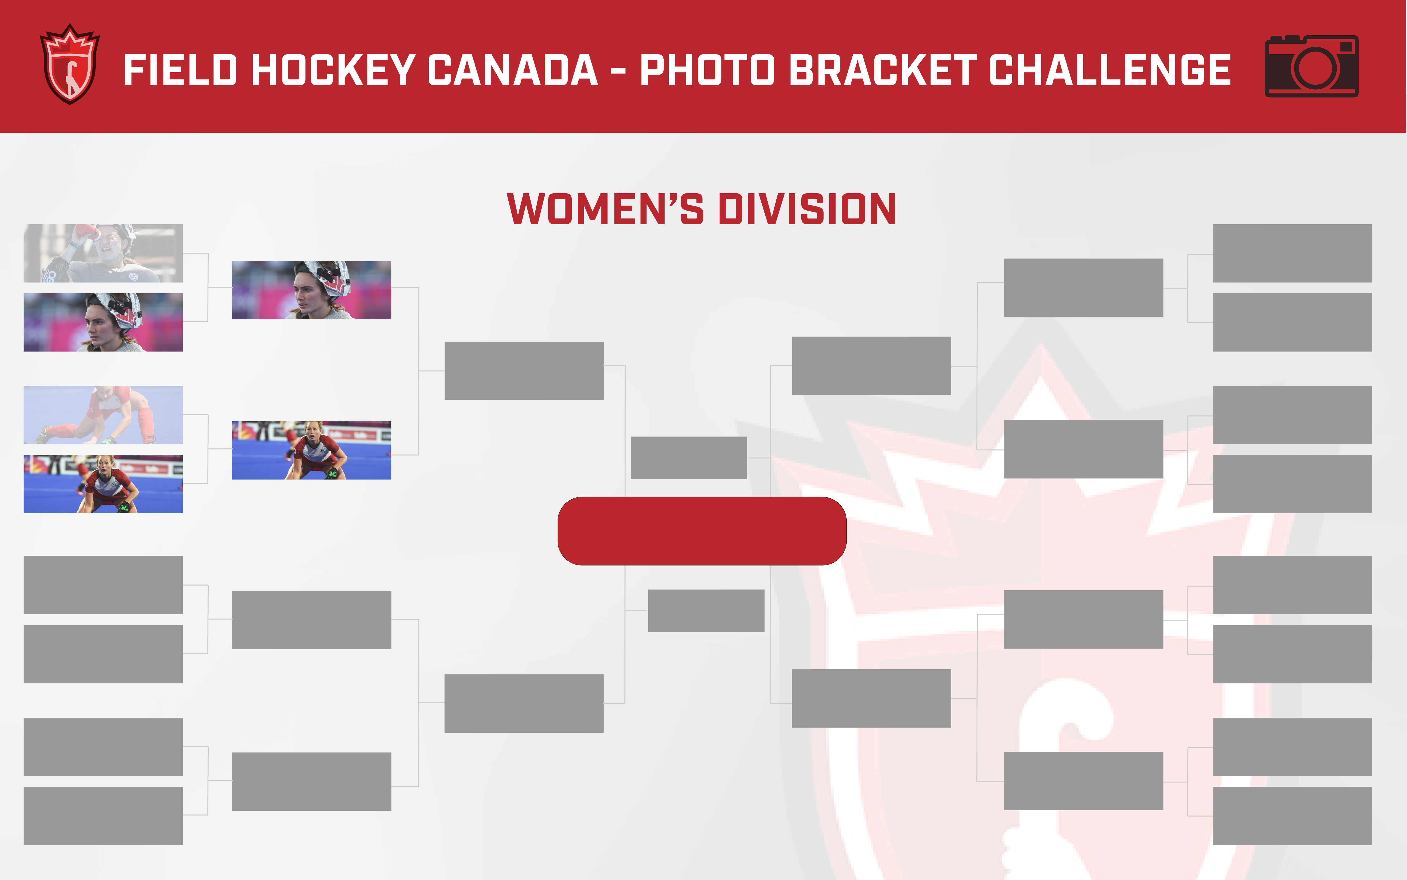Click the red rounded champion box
tap(702, 531)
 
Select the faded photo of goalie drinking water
tap(103, 253)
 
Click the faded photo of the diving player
tap(103, 415)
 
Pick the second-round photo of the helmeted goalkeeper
tap(311, 290)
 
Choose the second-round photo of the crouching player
tap(311, 450)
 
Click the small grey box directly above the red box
tap(689, 458)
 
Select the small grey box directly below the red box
tap(706, 610)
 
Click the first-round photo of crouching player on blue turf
tap(103, 484)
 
